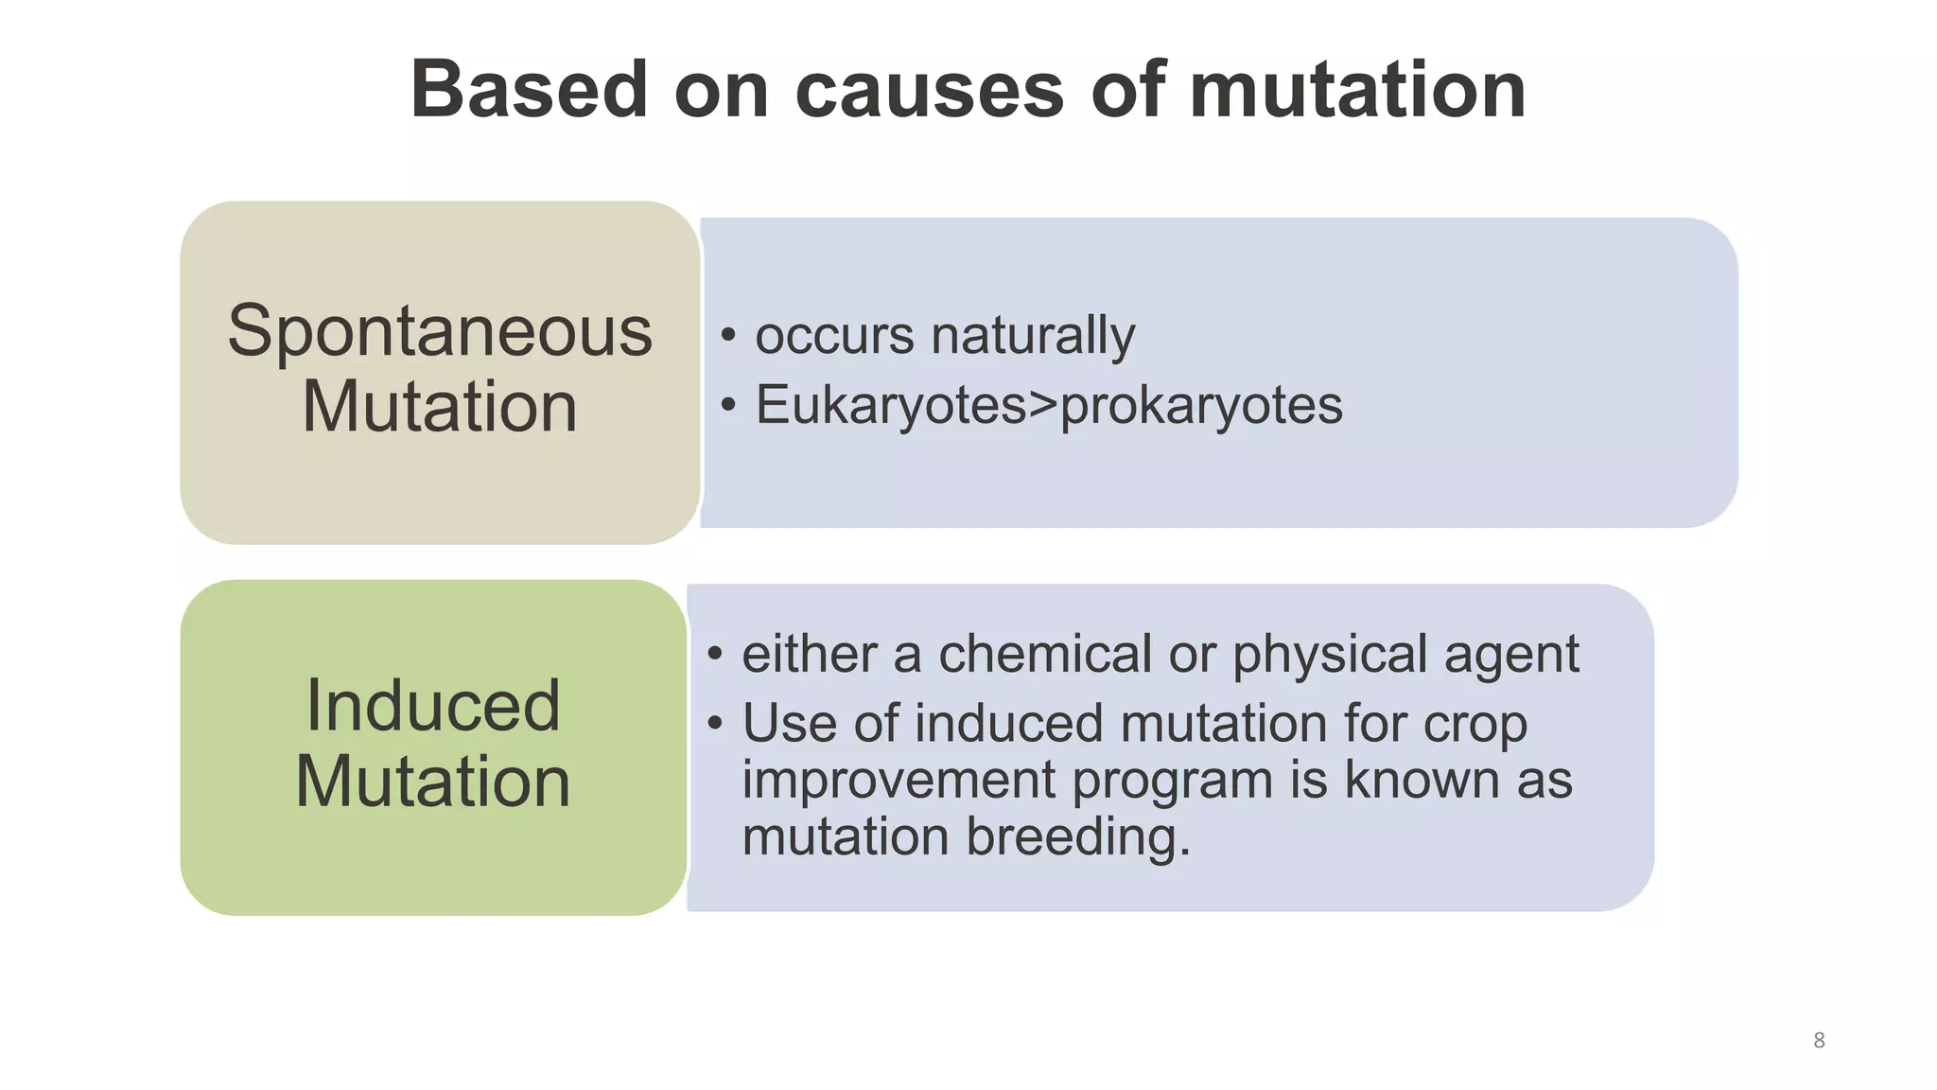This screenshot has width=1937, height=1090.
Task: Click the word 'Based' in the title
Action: pyautogui.click(x=529, y=90)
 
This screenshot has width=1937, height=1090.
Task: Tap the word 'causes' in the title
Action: pyautogui.click(x=930, y=92)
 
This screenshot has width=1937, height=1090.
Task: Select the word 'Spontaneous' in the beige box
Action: pyautogui.click(x=440, y=332)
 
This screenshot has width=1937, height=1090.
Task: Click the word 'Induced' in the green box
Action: pyautogui.click(x=433, y=706)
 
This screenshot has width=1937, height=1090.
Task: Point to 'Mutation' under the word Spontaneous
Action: pyautogui.click(x=440, y=408)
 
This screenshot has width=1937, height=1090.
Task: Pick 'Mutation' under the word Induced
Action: pyautogui.click(x=433, y=782)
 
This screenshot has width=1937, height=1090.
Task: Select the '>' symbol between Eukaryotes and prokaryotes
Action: pyautogui.click(x=1043, y=406)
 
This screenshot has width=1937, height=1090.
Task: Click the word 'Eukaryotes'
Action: pyautogui.click(x=891, y=406)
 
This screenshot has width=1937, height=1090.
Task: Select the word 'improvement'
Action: pyautogui.click(x=898, y=782)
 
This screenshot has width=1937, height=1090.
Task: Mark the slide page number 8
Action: pyautogui.click(x=1819, y=1041)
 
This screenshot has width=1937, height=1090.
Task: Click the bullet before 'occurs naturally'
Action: pyautogui.click(x=727, y=335)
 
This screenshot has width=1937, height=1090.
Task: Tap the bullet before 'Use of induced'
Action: pyautogui.click(x=715, y=724)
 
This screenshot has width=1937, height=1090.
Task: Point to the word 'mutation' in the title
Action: pyautogui.click(x=1357, y=90)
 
